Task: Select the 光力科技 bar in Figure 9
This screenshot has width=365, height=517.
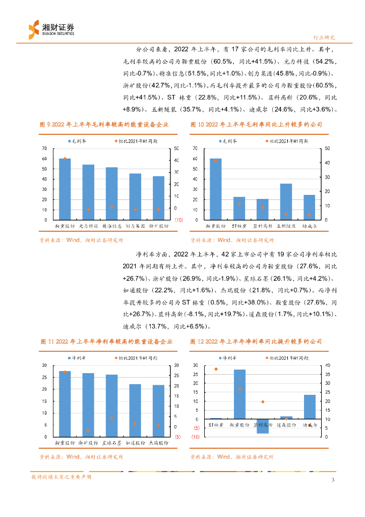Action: (x=88, y=192)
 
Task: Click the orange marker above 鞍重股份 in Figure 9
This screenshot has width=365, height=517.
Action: (x=65, y=159)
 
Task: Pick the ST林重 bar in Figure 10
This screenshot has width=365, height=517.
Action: (x=239, y=208)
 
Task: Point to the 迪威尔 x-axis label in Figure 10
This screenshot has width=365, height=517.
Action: (x=309, y=226)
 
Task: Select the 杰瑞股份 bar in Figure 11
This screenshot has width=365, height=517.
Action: (x=158, y=410)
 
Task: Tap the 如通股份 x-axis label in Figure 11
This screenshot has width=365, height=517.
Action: (x=135, y=443)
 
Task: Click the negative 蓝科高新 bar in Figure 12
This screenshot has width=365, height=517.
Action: (x=263, y=426)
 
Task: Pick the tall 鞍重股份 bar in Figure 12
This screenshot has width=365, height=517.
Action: (x=239, y=394)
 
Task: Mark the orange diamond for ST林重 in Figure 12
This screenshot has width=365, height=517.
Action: (x=216, y=369)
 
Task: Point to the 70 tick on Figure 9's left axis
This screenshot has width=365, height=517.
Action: (x=44, y=148)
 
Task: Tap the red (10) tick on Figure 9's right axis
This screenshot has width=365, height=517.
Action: (x=178, y=220)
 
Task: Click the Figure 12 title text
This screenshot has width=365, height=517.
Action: (x=256, y=342)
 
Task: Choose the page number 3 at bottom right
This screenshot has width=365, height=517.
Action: (x=333, y=480)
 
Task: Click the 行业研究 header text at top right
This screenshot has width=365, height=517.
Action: (x=324, y=37)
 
